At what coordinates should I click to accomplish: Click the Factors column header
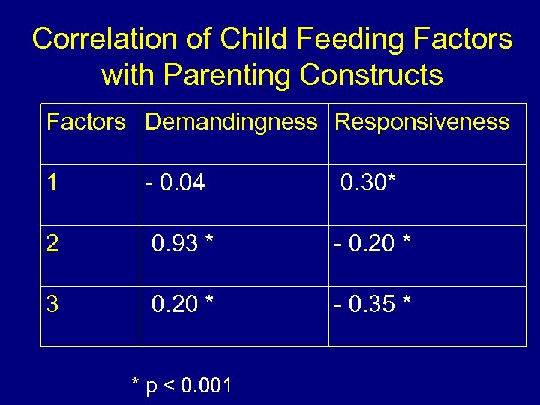click(x=86, y=121)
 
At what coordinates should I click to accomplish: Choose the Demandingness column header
click(x=231, y=121)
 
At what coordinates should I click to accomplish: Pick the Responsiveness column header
click(x=422, y=121)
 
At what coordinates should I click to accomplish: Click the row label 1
click(x=52, y=182)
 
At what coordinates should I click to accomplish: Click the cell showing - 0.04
click(x=175, y=182)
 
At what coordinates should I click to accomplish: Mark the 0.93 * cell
click(x=183, y=243)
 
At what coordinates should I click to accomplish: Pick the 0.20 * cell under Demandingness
click(x=183, y=304)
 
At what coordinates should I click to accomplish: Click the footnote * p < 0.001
click(x=182, y=385)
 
